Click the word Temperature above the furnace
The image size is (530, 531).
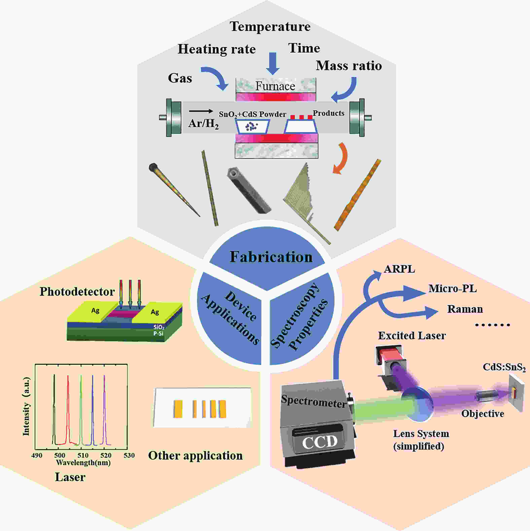(x=270, y=27)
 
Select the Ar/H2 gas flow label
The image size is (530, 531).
(x=203, y=123)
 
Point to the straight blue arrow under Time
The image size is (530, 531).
(x=273, y=63)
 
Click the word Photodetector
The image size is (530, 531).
(x=77, y=292)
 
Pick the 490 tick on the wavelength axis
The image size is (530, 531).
(x=37, y=455)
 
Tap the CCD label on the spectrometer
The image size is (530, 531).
(x=320, y=442)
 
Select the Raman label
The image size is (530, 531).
(x=465, y=309)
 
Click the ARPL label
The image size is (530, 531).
(x=399, y=269)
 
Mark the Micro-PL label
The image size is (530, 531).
(x=452, y=289)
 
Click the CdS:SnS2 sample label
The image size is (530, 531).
(x=504, y=368)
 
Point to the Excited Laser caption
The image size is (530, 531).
(x=412, y=336)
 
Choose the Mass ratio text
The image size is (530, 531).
(x=349, y=66)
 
